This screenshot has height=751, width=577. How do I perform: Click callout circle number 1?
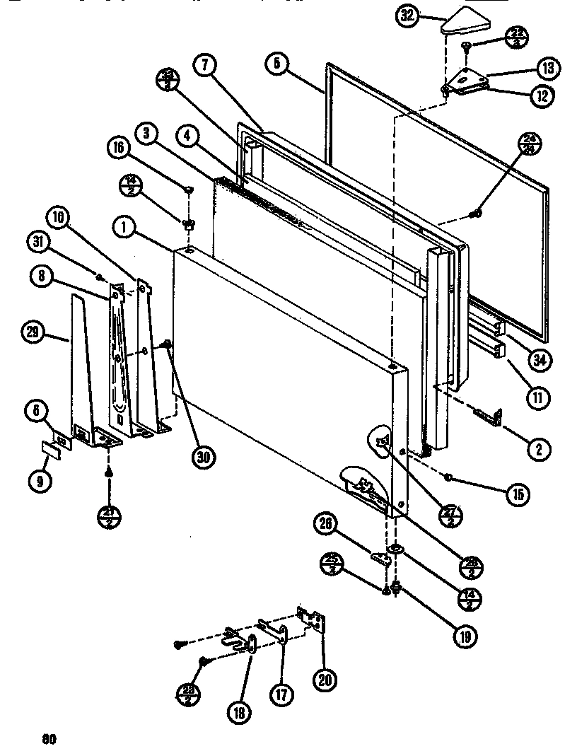pos(123,227)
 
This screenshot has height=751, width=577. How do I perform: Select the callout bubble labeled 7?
pos(204,65)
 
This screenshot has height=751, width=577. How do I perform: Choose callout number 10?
pos(60,217)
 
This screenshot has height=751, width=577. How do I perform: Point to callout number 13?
pos(548,68)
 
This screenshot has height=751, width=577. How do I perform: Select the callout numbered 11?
pos(538,397)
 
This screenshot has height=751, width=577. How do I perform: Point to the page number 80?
pos(48,740)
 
